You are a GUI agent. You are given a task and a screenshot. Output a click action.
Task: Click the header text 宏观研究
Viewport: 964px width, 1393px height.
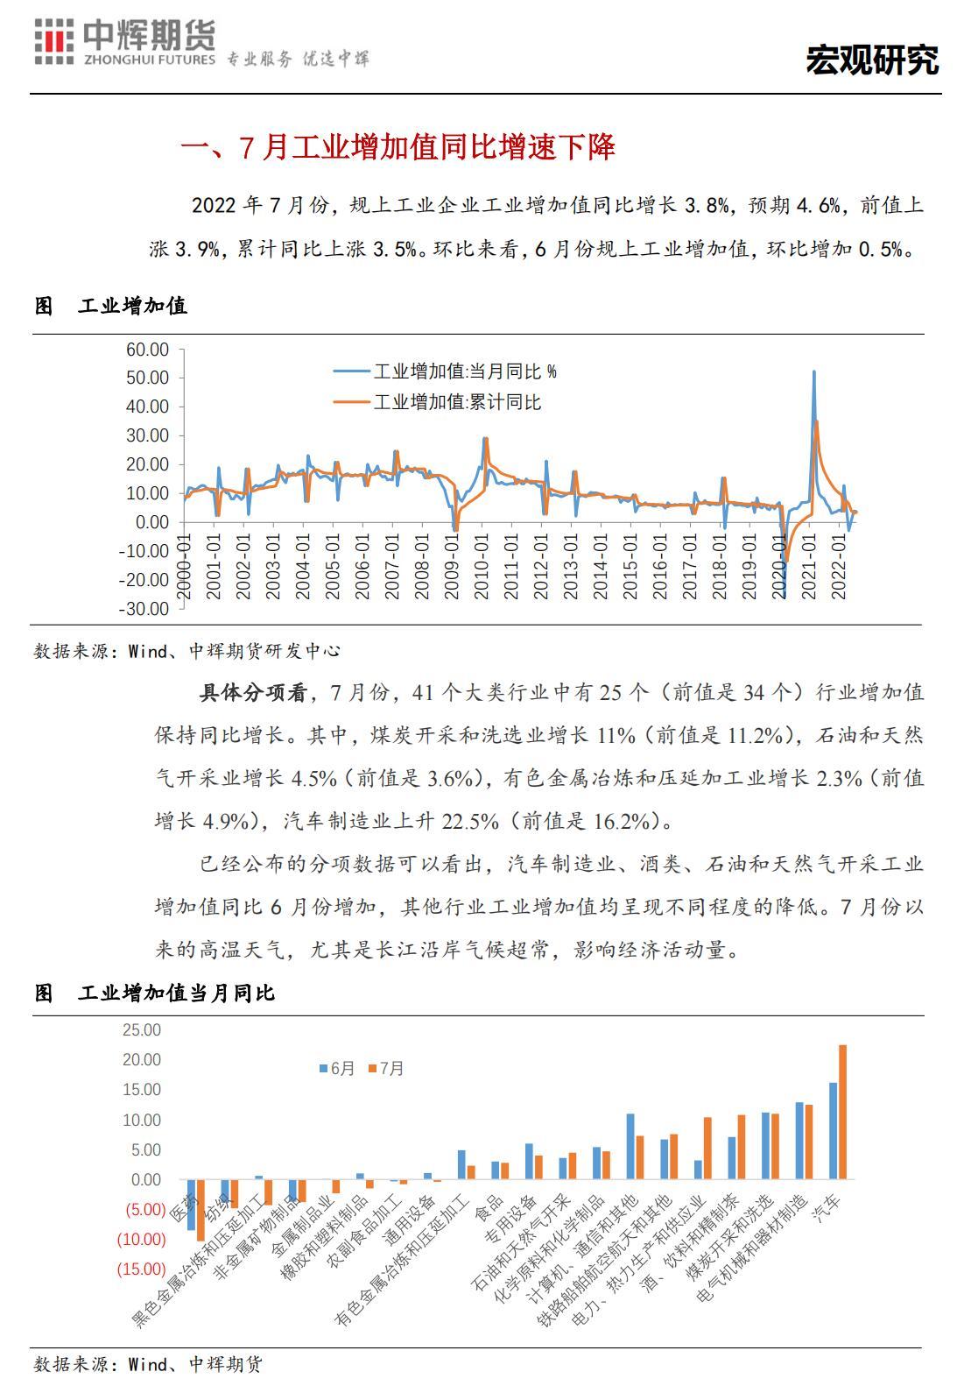click(x=871, y=59)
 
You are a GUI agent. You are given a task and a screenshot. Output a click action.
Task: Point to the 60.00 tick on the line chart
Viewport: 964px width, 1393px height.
click(x=147, y=350)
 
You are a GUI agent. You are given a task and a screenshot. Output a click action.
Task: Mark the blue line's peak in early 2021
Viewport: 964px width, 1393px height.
click(x=814, y=372)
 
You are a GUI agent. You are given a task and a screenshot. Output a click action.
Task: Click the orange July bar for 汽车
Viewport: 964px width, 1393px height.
click(x=843, y=1112)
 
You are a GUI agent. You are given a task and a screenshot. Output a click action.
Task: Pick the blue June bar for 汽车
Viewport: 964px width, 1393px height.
click(x=833, y=1131)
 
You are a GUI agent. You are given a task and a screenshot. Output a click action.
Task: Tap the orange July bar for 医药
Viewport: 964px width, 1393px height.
click(x=201, y=1210)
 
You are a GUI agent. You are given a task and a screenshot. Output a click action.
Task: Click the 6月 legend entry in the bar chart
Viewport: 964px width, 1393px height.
click(x=338, y=1069)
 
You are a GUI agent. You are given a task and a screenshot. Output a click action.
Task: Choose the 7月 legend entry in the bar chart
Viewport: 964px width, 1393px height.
click(x=387, y=1069)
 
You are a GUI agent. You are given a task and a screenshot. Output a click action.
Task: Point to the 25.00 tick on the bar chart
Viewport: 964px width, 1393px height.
click(x=142, y=1029)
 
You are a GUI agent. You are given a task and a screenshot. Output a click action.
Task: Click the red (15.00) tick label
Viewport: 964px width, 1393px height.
click(x=142, y=1269)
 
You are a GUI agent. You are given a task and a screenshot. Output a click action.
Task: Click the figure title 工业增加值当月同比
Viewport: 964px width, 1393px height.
click(x=175, y=993)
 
